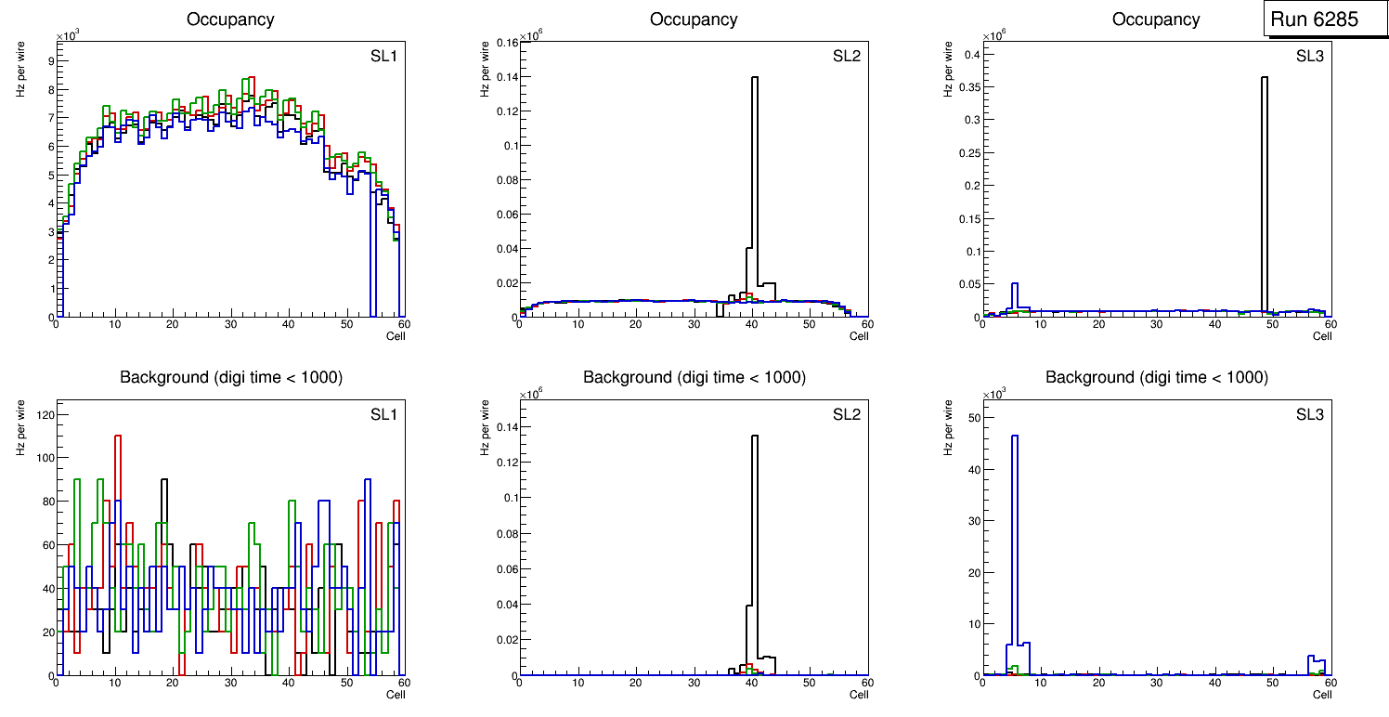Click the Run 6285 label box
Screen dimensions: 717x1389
pos(1319,20)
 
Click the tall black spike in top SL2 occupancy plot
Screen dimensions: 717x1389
pos(755,186)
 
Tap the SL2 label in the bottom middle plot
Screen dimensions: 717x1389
pos(846,414)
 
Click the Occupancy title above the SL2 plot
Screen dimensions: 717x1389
pos(694,20)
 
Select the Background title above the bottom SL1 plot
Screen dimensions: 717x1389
pos(230,377)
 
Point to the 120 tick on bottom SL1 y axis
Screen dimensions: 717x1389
pos(43,413)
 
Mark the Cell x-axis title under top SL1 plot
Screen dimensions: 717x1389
pos(396,335)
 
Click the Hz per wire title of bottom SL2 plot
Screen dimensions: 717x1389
pos(483,426)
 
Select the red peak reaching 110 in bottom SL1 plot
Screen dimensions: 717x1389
pos(118,436)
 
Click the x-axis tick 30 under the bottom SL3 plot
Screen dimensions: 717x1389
pos(1156,684)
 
